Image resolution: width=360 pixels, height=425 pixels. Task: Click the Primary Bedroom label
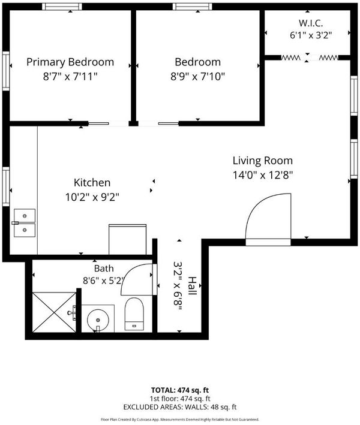coord(70,62)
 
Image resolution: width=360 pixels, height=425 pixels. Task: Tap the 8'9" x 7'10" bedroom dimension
coord(197,77)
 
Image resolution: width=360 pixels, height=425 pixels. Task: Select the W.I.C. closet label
coord(311,23)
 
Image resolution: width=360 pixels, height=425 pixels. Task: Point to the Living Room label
coord(263,161)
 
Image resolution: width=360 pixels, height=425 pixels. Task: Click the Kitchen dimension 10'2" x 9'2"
coord(92,197)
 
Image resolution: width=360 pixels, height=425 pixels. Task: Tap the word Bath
coord(104,269)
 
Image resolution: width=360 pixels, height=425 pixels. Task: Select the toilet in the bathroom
coord(134,314)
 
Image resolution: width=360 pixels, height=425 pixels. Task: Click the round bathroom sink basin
coord(98,320)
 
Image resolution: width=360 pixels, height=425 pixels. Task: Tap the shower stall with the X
coord(54,312)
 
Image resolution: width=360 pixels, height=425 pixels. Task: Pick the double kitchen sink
coord(25,223)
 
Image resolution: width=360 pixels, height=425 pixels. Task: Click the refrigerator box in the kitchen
coord(128,239)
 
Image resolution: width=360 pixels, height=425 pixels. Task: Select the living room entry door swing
coord(268,219)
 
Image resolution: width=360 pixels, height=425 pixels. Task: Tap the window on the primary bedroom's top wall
coord(62,7)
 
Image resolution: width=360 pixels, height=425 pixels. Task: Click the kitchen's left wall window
coord(6,186)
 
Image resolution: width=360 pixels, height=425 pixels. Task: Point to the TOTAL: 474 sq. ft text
coord(180,390)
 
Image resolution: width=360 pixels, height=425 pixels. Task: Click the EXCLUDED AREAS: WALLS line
coord(180,407)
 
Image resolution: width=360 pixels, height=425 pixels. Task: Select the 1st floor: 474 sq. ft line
coord(180,399)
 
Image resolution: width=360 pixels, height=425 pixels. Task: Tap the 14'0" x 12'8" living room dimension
coord(263,175)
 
